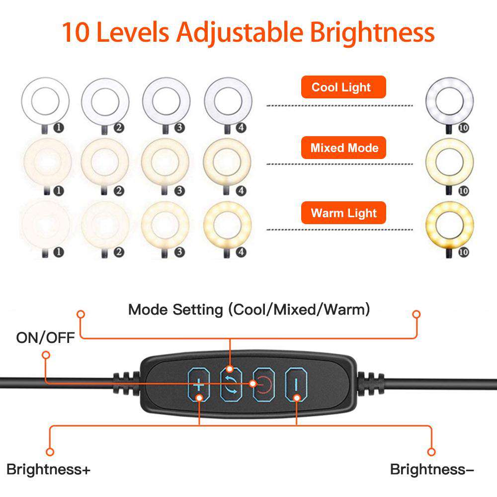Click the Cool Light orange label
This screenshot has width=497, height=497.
coord(343,87)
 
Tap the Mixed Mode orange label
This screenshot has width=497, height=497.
coord(344,148)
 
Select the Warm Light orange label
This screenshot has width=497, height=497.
coord(344,214)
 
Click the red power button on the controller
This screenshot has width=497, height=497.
coord(263,384)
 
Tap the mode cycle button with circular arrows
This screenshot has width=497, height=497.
coord(230,384)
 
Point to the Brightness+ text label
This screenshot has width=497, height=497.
coord(48,469)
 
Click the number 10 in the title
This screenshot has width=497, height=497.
coord(77,32)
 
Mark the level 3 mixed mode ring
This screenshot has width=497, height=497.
coord(165,163)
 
